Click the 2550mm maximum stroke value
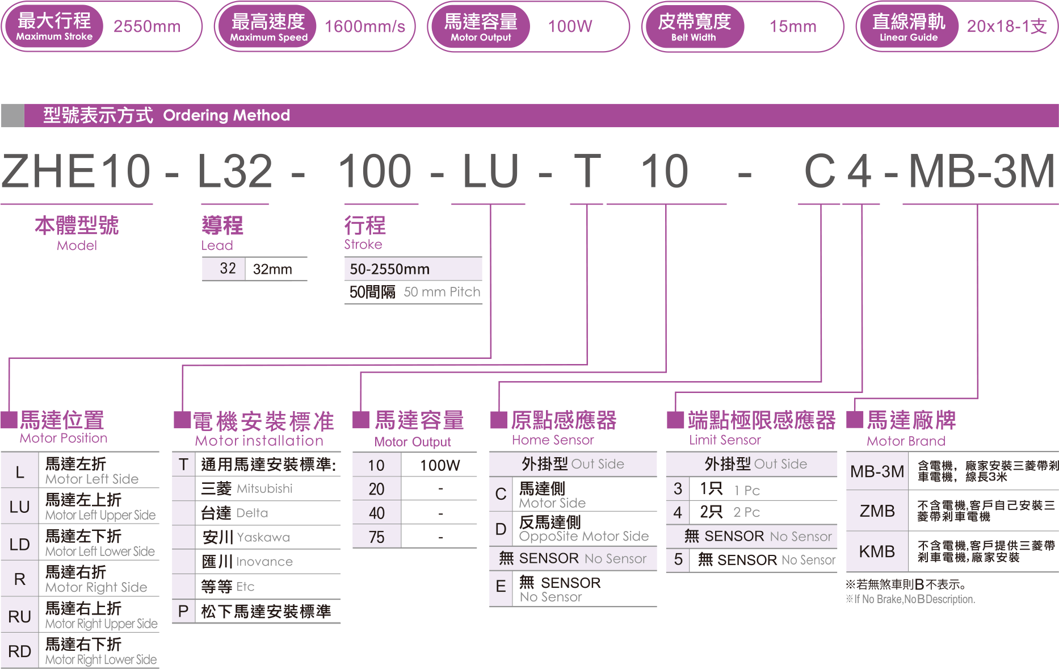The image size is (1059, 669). coord(147,27)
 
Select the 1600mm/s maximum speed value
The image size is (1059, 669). coord(365,27)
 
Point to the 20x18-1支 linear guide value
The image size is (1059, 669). coord(1006,27)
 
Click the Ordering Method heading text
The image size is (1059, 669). coord(226,115)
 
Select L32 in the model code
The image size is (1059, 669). coord(235,171)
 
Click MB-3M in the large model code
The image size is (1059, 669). coord(981,171)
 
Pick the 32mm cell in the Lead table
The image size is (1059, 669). coord(272,269)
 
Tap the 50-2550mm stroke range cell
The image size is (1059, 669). coord(390,269)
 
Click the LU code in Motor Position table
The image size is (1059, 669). coord(19,507)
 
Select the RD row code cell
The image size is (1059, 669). coord(19,651)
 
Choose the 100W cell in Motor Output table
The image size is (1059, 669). coord(440,465)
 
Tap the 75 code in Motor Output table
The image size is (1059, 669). coord(376,537)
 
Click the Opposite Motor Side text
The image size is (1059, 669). coord(583,536)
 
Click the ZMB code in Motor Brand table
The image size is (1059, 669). coord(877,511)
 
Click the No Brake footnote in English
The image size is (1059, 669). coord(910,599)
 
